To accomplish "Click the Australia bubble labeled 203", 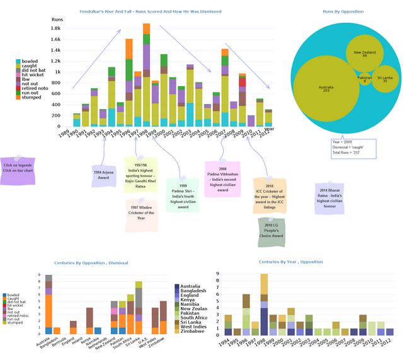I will tap(326, 90).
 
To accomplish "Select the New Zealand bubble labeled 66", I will tap(365, 54).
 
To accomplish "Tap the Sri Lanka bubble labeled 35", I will tap(385, 80).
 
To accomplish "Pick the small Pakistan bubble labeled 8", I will tap(365, 78).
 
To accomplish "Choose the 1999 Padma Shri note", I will tap(183, 196).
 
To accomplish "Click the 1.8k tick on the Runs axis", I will tap(56, 28).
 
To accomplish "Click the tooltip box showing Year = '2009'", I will tap(352, 148).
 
